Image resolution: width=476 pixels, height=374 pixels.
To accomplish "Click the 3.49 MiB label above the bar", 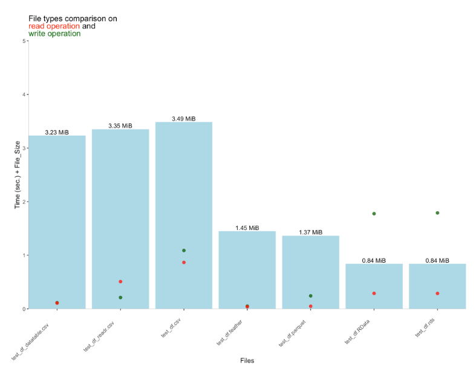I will pyautogui.click(x=183, y=119).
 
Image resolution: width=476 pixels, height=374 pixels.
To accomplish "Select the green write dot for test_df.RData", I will pyautogui.click(x=374, y=214).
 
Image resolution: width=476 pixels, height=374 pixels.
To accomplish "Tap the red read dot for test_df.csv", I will pyautogui.click(x=184, y=262).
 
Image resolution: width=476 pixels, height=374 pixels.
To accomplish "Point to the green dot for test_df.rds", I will pyautogui.click(x=437, y=213).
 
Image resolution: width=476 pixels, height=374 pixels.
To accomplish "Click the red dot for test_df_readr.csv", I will pyautogui.click(x=120, y=281).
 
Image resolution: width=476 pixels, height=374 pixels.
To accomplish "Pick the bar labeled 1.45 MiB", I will pyautogui.click(x=247, y=269).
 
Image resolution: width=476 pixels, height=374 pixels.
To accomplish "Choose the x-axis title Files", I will pyautogui.click(x=246, y=361).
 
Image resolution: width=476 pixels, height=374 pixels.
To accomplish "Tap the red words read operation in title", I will pyautogui.click(x=54, y=26).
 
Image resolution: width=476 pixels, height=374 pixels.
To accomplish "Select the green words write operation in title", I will pyautogui.click(x=54, y=34).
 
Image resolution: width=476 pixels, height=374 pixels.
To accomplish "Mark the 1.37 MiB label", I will pyautogui.click(x=310, y=232).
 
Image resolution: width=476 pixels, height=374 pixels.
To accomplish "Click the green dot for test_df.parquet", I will pyautogui.click(x=310, y=296).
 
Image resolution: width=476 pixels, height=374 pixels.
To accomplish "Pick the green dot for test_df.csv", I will pyautogui.click(x=184, y=251).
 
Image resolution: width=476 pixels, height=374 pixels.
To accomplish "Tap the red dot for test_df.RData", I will pyautogui.click(x=374, y=293).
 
